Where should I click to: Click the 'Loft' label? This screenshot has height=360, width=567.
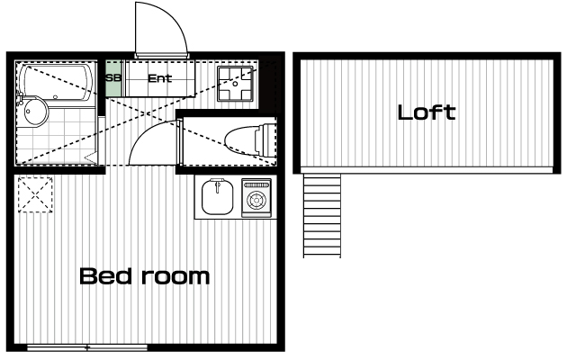tap(427, 112)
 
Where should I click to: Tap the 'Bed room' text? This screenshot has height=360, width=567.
tap(144, 276)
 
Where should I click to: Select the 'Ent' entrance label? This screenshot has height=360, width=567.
tap(160, 78)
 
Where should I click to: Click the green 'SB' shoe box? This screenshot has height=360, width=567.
tap(113, 78)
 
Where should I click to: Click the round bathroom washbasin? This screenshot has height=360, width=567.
tap(35, 112)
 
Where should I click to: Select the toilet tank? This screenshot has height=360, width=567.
tap(266, 140)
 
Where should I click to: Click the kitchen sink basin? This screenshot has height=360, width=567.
tap(217, 197)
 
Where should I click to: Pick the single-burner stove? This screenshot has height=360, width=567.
tap(256, 198)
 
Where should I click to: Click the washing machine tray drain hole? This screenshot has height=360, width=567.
tap(235, 84)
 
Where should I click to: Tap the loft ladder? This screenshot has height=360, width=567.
tap(322, 215)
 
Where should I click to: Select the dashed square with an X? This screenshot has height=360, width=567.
tap(35, 194)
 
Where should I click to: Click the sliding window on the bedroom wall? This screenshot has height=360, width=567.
tap(87, 347)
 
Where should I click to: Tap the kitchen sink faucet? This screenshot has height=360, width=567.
tap(217, 185)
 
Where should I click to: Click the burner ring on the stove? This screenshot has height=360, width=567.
tap(256, 200)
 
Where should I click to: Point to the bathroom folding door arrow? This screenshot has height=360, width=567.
tap(91, 158)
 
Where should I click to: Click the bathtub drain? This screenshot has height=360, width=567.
tap(55, 97)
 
